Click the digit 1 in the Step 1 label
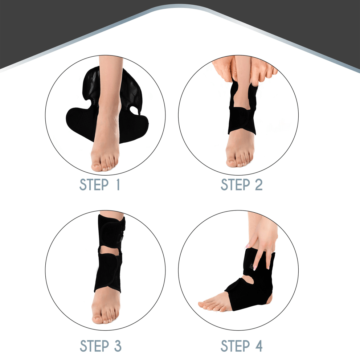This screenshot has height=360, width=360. [118, 185]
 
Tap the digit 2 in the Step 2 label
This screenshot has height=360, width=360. [259, 185]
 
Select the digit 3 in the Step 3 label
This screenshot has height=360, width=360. [118, 346]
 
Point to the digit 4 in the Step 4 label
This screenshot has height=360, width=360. [259, 346]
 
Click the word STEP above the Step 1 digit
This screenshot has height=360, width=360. [94, 185]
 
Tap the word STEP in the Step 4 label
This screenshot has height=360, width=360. [235, 346]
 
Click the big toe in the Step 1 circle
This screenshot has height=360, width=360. [96, 166]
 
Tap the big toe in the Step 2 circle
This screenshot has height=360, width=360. [231, 163]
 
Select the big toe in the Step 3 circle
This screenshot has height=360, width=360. [97, 319]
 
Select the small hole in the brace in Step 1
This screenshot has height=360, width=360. [134, 109]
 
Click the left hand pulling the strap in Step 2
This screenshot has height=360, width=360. [224, 69]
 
